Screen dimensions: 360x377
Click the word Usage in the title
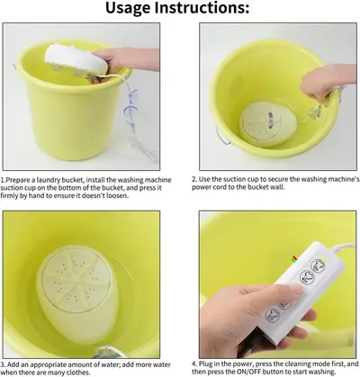(x=129, y=8)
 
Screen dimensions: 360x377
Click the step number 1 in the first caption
(x=2, y=180)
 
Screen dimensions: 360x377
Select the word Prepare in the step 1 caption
(x=16, y=181)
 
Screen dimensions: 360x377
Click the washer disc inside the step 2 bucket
(x=268, y=123)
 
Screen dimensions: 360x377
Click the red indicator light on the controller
(x=294, y=257)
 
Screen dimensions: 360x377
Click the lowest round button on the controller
(x=273, y=315)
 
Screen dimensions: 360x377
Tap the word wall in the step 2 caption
(x=275, y=187)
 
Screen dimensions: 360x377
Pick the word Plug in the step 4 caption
(x=205, y=364)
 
